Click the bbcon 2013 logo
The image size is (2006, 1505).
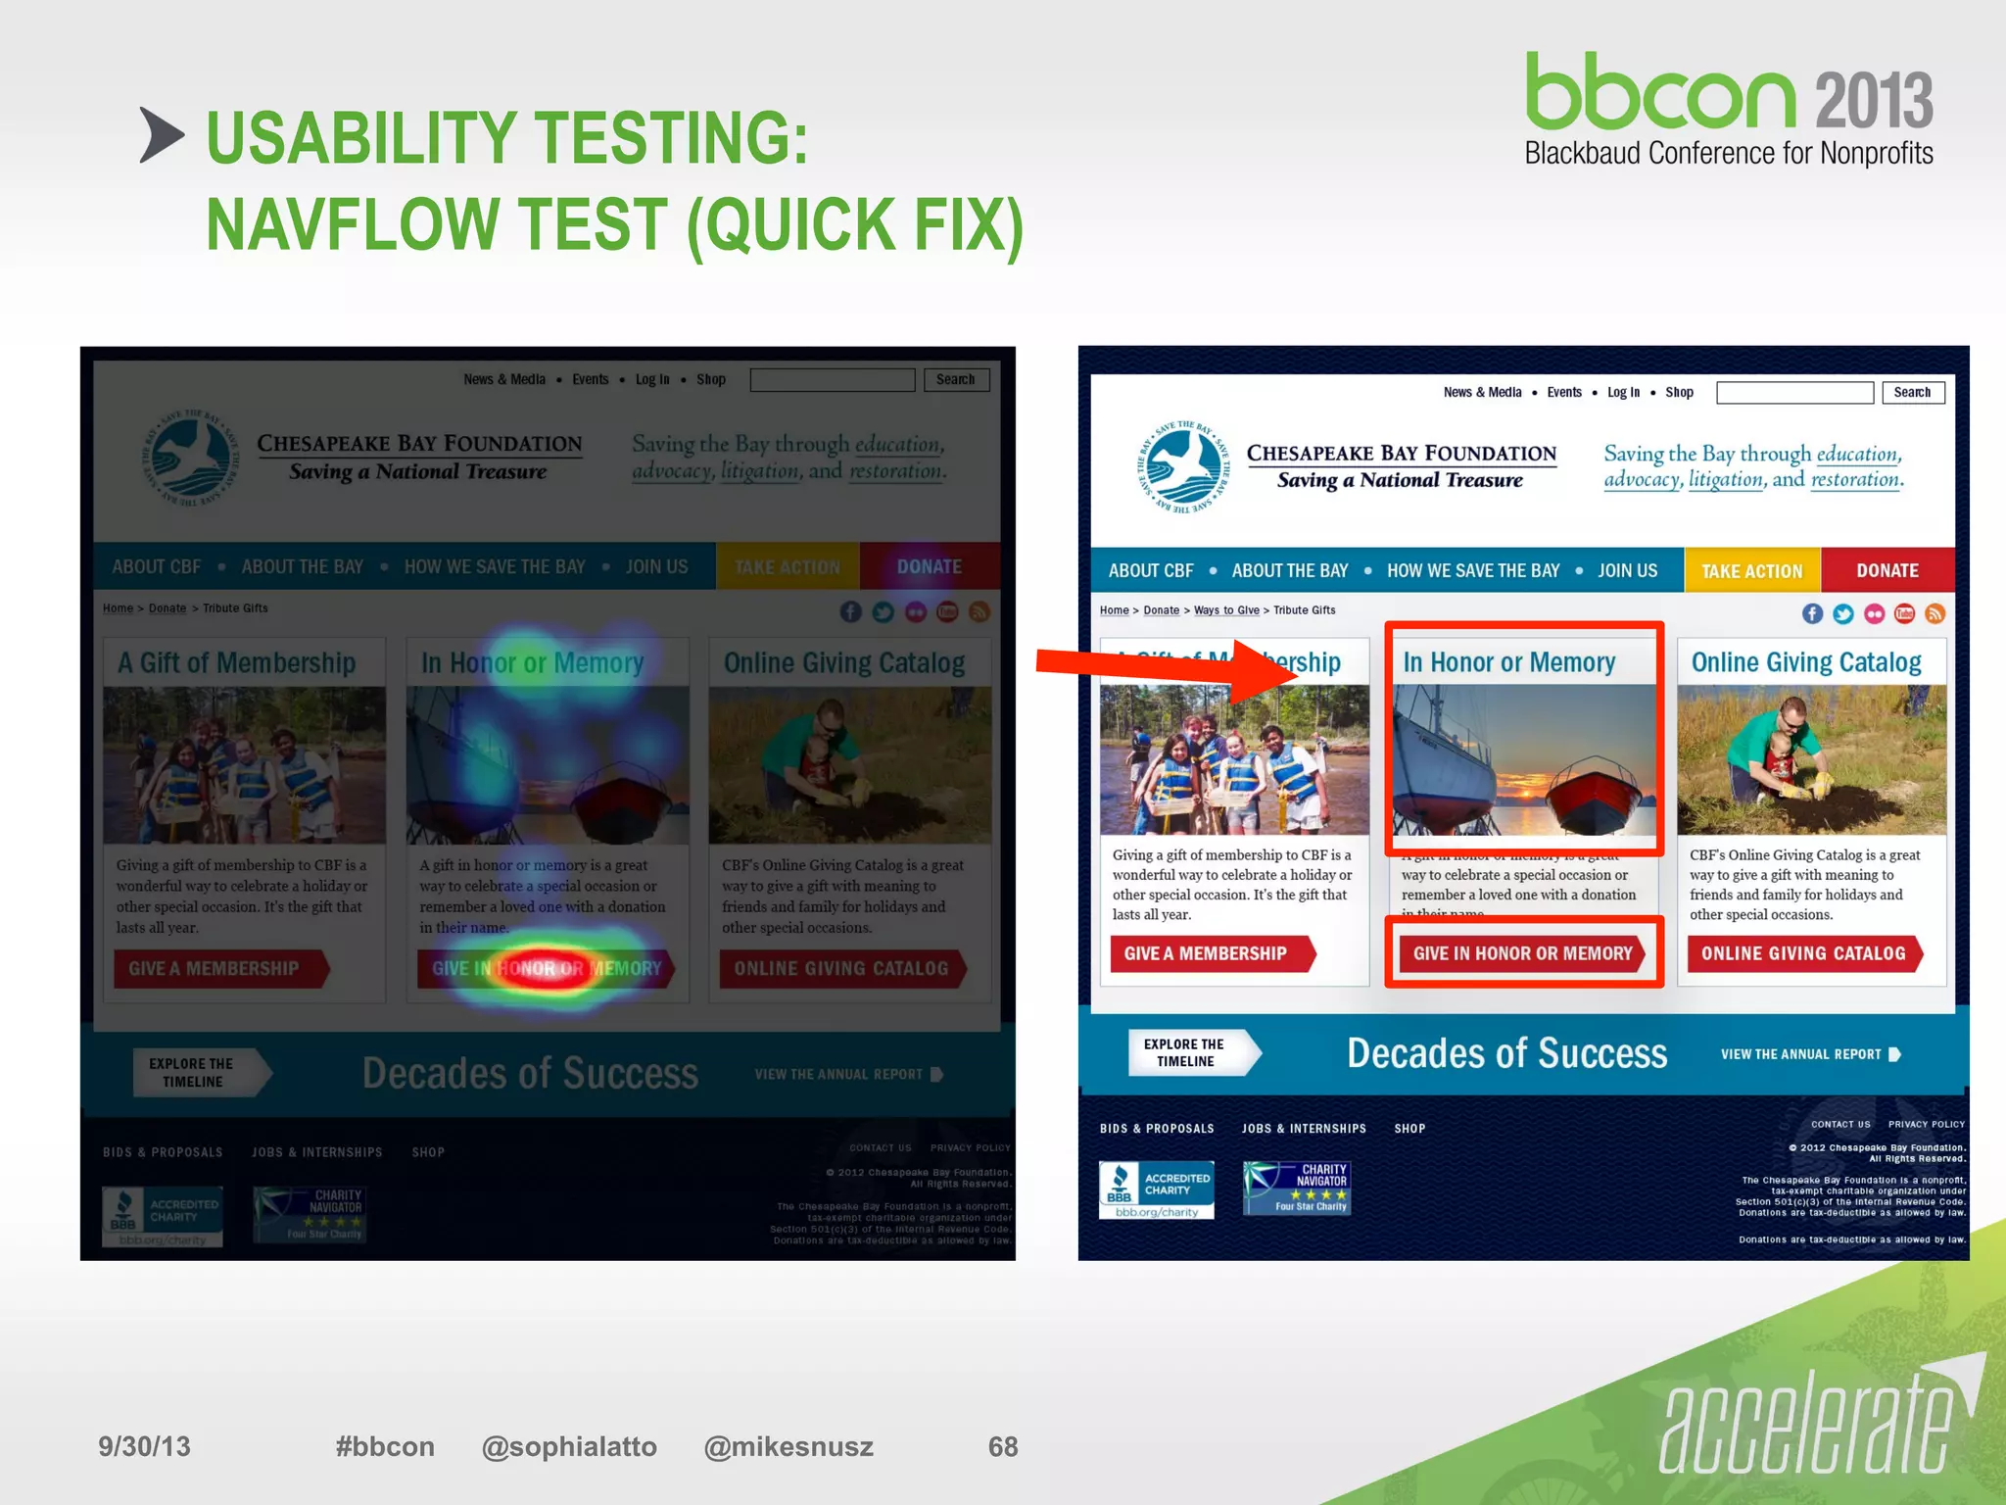point(1729,108)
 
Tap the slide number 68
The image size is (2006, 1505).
point(1002,1446)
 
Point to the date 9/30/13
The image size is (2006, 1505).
point(144,1446)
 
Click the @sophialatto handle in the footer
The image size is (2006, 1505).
point(569,1446)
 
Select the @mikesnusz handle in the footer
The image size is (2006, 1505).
point(788,1446)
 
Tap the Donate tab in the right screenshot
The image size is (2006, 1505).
point(1887,570)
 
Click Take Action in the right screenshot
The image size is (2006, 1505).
point(1751,570)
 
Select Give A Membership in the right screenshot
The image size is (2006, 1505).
point(1206,953)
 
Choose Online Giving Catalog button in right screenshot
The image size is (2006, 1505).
point(1803,953)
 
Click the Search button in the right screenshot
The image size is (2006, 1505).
point(1912,392)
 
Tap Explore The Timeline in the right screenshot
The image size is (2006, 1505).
point(1185,1052)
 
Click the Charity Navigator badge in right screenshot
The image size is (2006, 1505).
point(1297,1188)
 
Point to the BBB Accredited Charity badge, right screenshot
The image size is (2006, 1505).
point(1156,1189)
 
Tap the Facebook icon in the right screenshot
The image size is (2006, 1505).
point(1812,613)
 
